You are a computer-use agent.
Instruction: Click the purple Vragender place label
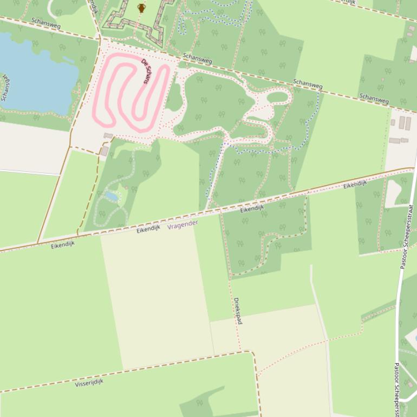click(183, 225)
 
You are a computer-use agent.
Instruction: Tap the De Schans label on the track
click(145, 71)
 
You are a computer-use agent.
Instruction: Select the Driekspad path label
click(238, 311)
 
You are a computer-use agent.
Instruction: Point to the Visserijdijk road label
click(89, 382)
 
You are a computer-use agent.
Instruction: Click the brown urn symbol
click(141, 8)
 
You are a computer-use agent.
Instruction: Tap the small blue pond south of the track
click(112, 196)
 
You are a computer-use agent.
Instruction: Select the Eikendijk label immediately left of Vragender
click(148, 229)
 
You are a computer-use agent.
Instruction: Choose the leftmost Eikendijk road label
click(63, 245)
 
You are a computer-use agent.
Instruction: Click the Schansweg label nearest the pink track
click(197, 58)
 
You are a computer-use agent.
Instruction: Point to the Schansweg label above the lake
click(46, 23)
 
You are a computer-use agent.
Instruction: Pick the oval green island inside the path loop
click(277, 97)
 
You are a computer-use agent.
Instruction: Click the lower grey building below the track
click(105, 151)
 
